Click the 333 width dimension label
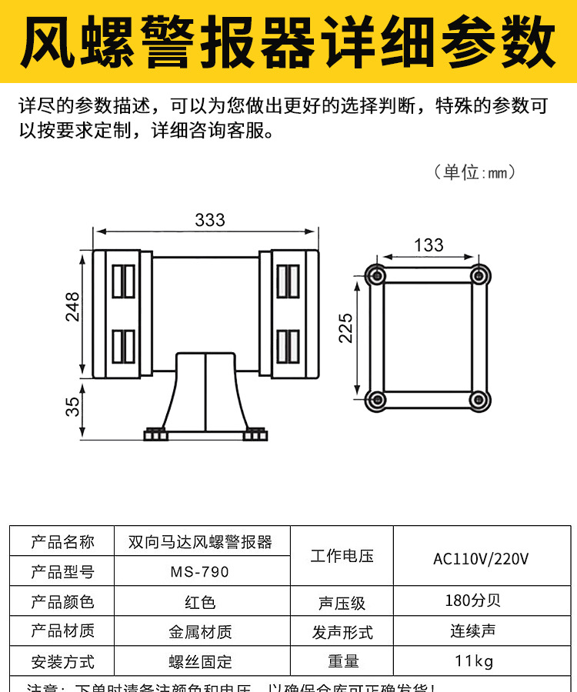[210, 221]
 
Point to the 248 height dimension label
[72, 307]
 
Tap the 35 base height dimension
[72, 406]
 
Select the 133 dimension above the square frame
[429, 245]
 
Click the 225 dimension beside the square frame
[346, 328]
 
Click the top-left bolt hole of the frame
[376, 274]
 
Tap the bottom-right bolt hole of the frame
[479, 399]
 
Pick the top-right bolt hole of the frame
[479, 274]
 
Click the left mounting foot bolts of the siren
[155, 434]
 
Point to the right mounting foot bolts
[255, 434]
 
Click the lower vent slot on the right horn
[288, 345]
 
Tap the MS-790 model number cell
[200, 572]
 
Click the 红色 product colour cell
[200, 602]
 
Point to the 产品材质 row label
[62, 631]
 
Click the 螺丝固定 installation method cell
[200, 661]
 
